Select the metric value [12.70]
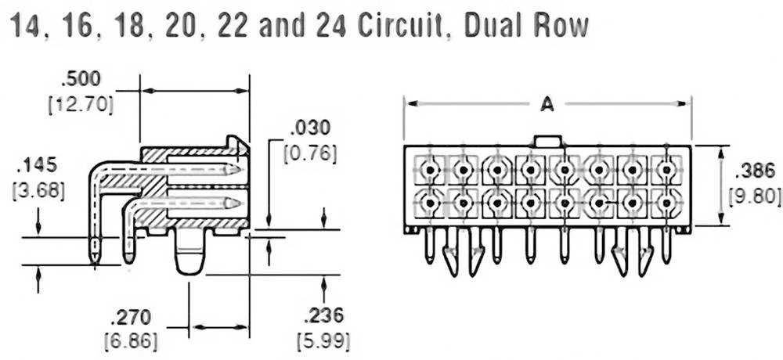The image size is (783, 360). (81, 103)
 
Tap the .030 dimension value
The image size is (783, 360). (311, 128)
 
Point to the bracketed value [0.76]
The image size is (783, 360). (312, 152)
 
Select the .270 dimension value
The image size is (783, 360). (131, 318)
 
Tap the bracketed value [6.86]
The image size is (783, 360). (131, 341)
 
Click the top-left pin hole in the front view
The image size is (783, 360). (430, 169)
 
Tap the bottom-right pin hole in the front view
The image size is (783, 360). (666, 203)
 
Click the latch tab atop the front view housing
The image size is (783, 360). (547, 141)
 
